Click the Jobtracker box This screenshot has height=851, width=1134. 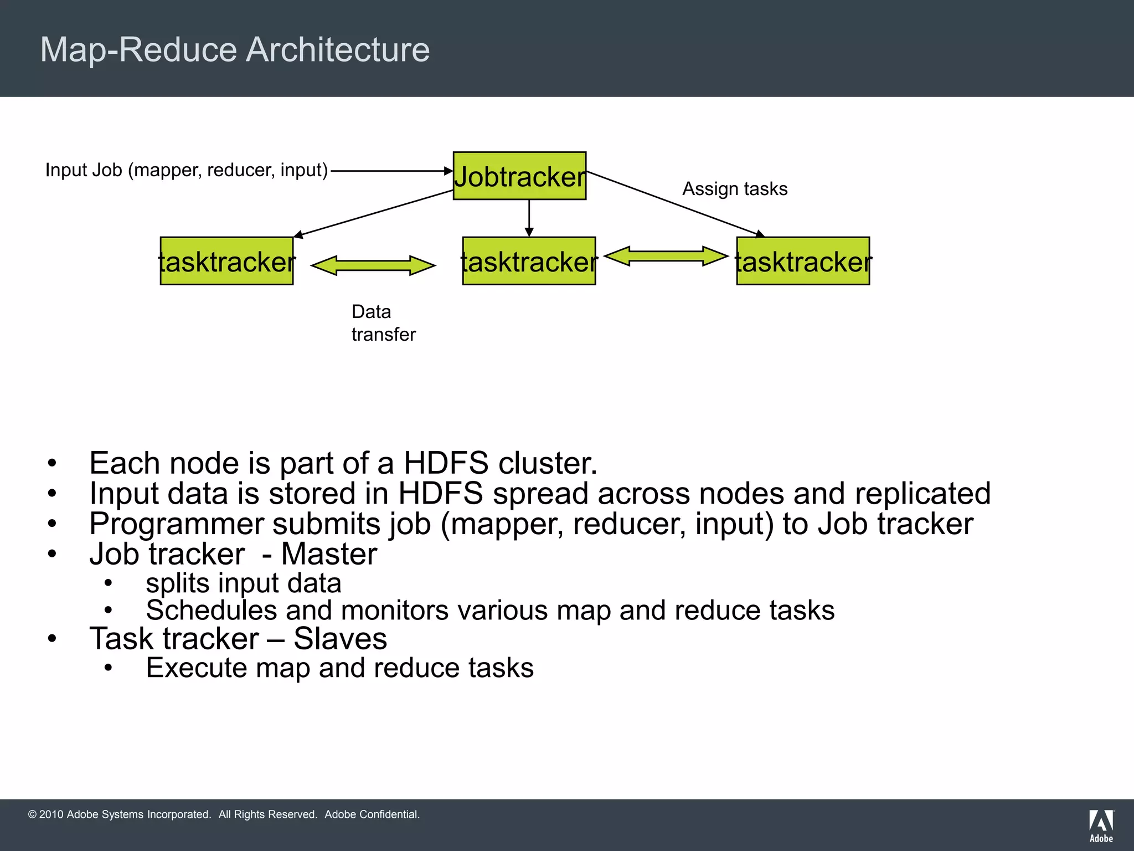[519, 176]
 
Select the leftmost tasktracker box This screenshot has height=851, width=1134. [226, 261]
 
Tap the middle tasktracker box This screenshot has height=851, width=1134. [529, 261]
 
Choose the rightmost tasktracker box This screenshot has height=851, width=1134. [803, 261]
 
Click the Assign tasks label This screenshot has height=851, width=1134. [734, 189]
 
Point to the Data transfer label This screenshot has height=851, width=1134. [383, 323]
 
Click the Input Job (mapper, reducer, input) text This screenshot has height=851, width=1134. [187, 170]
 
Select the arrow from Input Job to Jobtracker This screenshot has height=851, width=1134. [391, 171]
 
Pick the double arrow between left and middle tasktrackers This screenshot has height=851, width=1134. [373, 265]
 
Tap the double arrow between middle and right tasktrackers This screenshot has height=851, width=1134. [666, 256]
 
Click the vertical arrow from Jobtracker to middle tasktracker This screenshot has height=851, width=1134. [529, 218]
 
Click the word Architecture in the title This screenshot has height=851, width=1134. [337, 50]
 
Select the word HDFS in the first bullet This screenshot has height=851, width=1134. [446, 463]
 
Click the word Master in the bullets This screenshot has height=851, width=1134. [329, 554]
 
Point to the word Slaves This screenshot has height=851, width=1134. [340, 639]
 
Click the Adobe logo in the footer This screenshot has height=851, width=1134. [1101, 826]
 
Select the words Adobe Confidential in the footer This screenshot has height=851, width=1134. [372, 814]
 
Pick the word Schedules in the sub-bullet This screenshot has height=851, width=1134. [211, 611]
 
